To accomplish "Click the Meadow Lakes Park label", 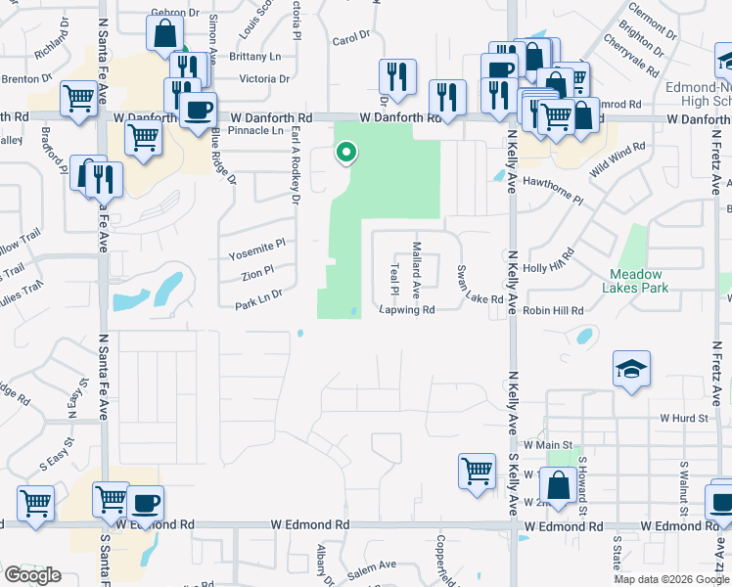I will [x=636, y=281].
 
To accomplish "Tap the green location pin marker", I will [x=345, y=153].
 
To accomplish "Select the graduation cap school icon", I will [x=631, y=370].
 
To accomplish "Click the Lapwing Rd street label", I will [x=406, y=310].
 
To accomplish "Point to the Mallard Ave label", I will [x=416, y=269].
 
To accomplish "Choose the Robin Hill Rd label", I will [x=553, y=310].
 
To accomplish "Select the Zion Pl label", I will [x=256, y=275].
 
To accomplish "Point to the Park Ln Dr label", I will [x=258, y=299].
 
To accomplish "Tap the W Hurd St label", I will [x=683, y=417].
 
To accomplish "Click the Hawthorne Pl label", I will [x=552, y=192].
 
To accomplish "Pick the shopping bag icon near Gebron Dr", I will [x=164, y=34].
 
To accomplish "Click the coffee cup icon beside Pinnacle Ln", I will [x=199, y=109].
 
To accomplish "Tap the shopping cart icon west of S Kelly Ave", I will [x=477, y=470].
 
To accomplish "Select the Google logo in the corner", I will [x=32, y=575].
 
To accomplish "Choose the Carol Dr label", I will [x=351, y=39].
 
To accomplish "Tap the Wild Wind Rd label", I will [x=618, y=160].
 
